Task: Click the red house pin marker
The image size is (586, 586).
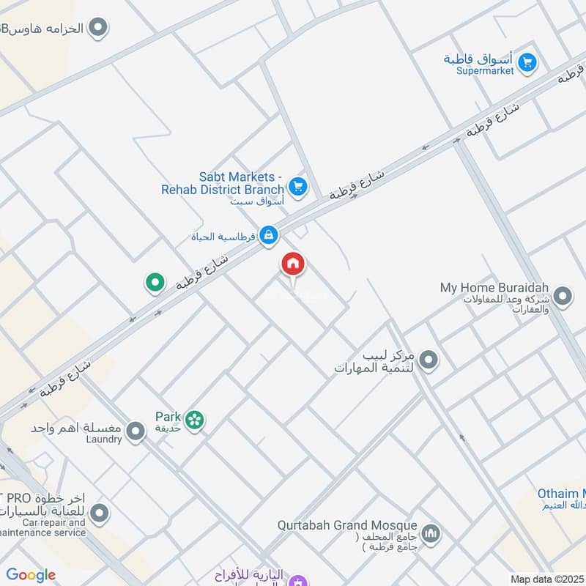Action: click(x=293, y=265)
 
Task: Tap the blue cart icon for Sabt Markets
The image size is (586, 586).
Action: click(x=297, y=187)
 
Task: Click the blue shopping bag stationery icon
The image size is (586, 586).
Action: click(x=269, y=235)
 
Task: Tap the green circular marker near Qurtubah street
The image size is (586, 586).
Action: click(x=154, y=282)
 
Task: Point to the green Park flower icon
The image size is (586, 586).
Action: click(x=194, y=420)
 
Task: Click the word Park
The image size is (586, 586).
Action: click(x=168, y=416)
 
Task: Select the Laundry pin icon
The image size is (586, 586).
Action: click(x=135, y=432)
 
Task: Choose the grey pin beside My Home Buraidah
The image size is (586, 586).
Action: click(x=563, y=297)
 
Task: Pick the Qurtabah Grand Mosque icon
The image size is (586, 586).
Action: click(x=431, y=532)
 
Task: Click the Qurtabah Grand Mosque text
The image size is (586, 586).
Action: click(x=347, y=526)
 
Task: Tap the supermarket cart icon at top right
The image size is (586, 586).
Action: click(x=527, y=64)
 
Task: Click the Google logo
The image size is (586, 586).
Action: click(x=31, y=575)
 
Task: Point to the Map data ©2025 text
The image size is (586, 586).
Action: click(x=546, y=579)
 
